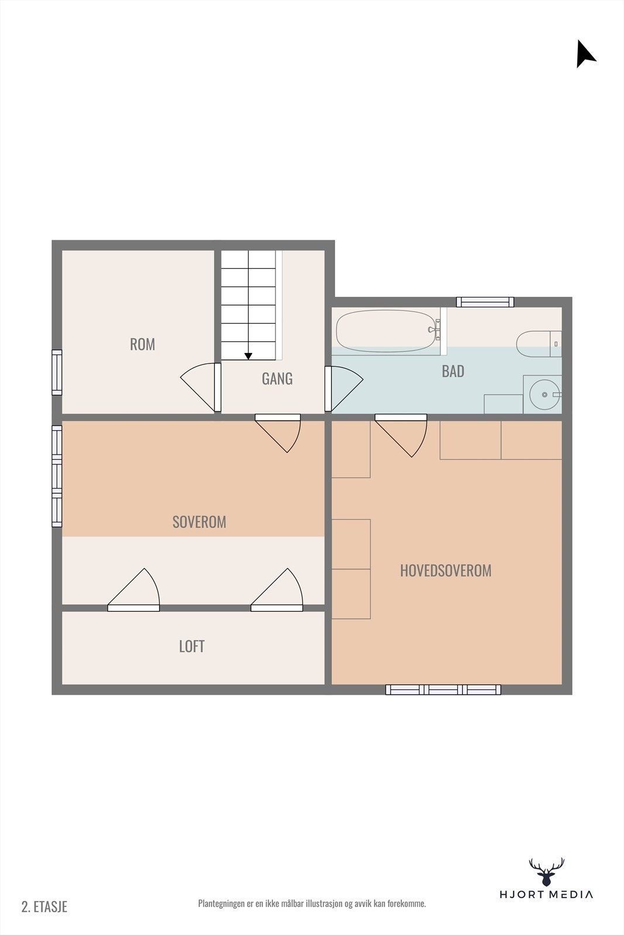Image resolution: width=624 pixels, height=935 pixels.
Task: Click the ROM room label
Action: click(142, 344)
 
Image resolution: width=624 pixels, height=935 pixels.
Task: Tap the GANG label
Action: click(277, 379)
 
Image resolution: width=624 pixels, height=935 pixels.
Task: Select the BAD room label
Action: click(453, 371)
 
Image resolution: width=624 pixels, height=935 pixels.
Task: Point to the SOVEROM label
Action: click(199, 522)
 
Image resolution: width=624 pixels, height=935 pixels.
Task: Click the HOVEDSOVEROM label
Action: click(446, 570)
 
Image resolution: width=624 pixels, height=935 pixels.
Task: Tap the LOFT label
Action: click(191, 646)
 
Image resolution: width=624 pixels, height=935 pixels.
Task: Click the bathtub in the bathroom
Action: click(387, 331)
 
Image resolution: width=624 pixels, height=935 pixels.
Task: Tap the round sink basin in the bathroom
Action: click(544, 394)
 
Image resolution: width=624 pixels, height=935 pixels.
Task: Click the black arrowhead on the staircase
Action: click(249, 356)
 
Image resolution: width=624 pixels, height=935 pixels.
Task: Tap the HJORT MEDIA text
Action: click(546, 894)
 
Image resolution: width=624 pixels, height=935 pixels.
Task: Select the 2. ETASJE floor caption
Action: click(44, 906)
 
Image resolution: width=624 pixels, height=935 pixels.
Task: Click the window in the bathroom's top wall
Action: click(485, 302)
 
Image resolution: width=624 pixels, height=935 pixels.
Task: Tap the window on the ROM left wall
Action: click(57, 372)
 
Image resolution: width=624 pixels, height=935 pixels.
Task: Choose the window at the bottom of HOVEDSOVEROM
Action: click(443, 690)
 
